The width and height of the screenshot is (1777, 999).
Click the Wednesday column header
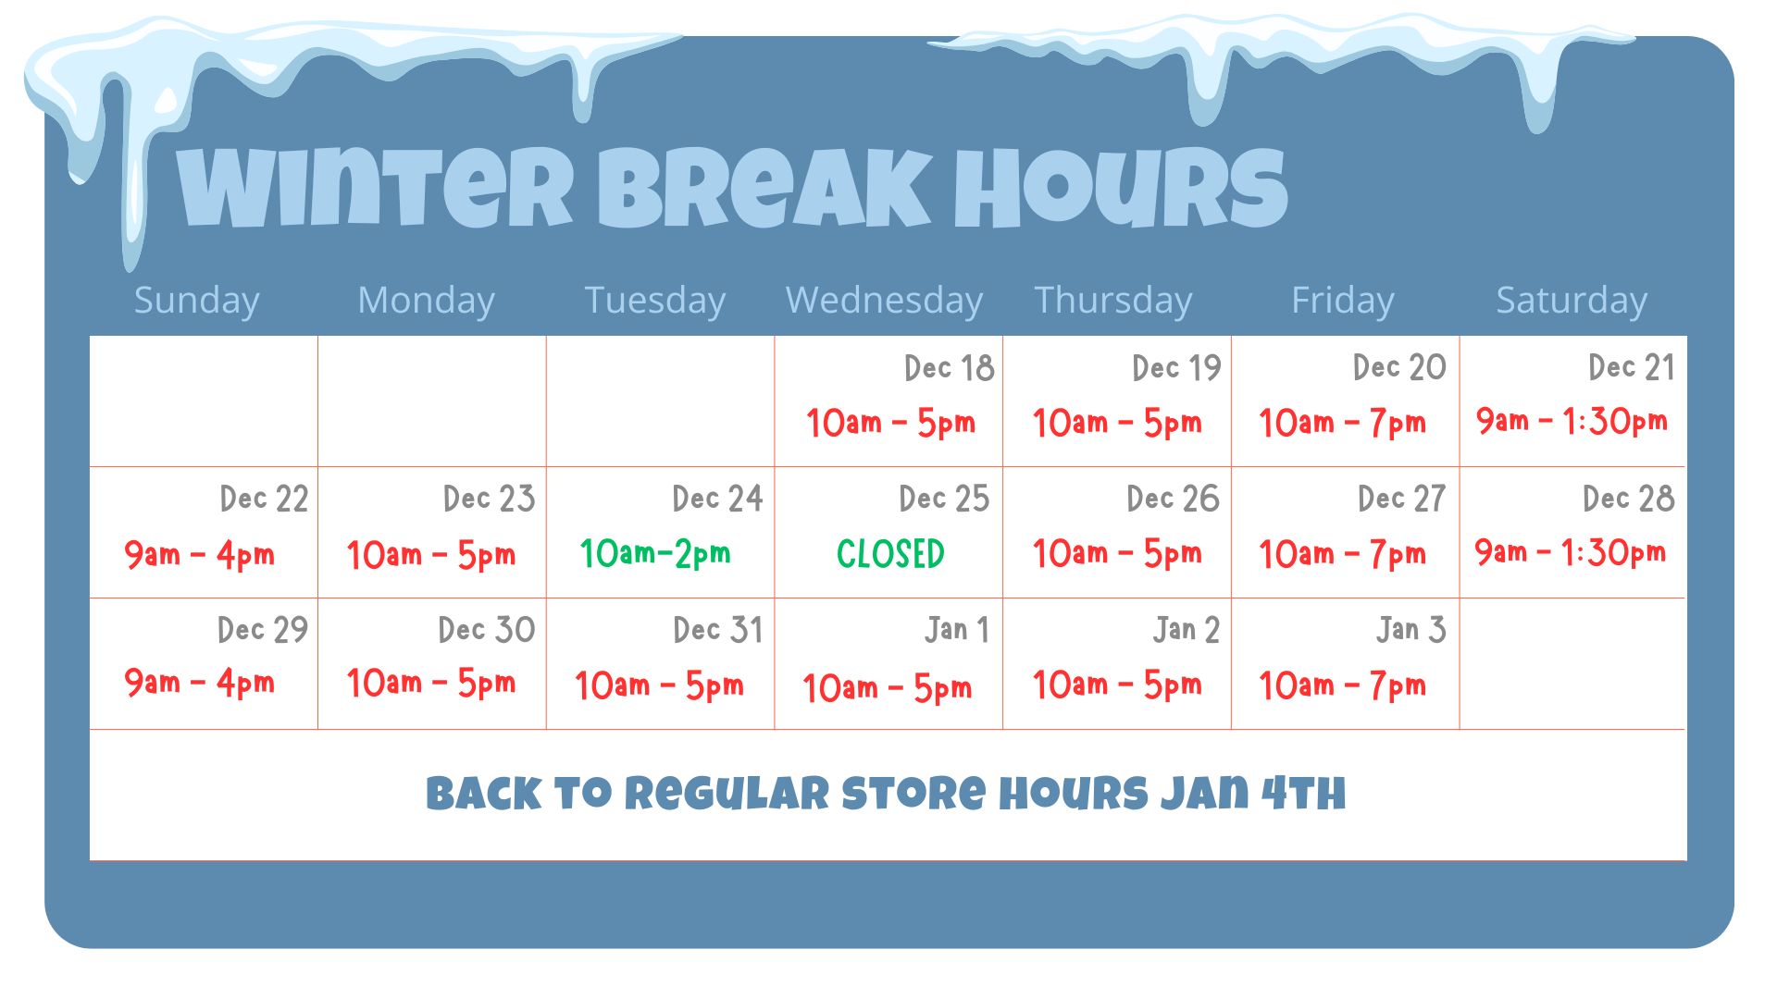(x=884, y=301)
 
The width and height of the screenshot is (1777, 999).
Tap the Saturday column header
(x=1572, y=301)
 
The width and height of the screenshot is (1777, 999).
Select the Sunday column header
(x=196, y=301)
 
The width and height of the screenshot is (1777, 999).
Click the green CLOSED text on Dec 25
(x=890, y=554)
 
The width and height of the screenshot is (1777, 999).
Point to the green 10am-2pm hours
(x=655, y=553)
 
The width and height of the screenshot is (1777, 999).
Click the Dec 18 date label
(x=950, y=368)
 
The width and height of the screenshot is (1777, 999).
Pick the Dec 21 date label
(x=1632, y=367)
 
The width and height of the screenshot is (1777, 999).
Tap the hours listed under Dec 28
(x=1570, y=552)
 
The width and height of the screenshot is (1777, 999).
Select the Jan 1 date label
(x=957, y=630)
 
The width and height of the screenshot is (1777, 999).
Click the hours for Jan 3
(x=1342, y=685)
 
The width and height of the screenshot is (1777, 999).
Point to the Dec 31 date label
(x=718, y=630)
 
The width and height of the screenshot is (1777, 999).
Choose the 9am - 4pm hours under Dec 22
(x=200, y=555)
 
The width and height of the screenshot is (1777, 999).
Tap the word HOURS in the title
(x=1121, y=189)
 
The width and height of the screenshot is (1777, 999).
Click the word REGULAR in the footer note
(x=727, y=794)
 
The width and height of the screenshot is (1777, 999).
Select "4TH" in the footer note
(x=1304, y=794)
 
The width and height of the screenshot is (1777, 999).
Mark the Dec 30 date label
(x=487, y=630)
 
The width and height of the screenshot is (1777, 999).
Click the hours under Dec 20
(x=1342, y=423)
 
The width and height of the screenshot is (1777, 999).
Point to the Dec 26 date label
(x=1174, y=499)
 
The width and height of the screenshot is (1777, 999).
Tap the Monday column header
(x=426, y=301)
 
